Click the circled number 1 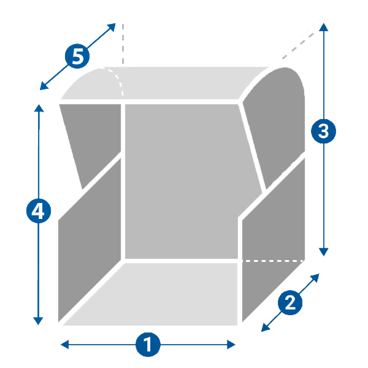pyautogui.click(x=147, y=345)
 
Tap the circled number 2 pyautogui.click(x=289, y=302)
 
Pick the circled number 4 pyautogui.click(x=39, y=212)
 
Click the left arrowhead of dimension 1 pyautogui.click(x=63, y=345)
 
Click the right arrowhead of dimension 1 pyautogui.click(x=232, y=345)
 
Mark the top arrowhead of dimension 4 pyautogui.click(x=39, y=109)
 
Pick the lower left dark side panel pyautogui.click(x=89, y=245)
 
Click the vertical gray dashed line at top pyautogui.click(x=123, y=43)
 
